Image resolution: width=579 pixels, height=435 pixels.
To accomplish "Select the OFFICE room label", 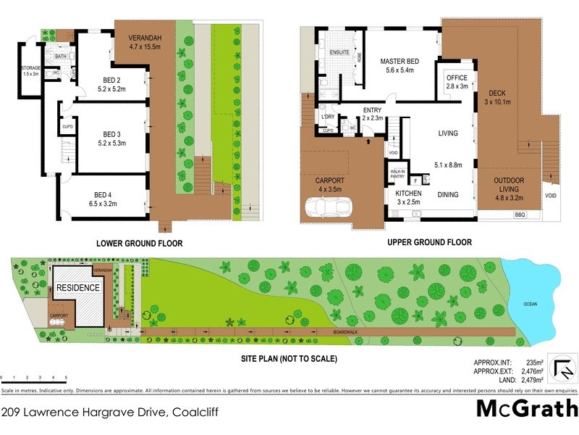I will coord(457,78).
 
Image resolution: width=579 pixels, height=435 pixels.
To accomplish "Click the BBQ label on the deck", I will coord(519,215).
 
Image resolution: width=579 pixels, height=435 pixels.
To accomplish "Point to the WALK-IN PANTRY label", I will coord(397,174).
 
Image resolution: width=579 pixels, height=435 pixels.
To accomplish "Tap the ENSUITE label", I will coord(339,53).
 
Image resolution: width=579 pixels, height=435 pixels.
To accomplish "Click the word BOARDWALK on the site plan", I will coord(346,333).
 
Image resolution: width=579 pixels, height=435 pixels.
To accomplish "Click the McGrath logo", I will coord(526,409).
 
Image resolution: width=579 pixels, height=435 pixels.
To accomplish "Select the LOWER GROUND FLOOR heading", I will coord(140,244).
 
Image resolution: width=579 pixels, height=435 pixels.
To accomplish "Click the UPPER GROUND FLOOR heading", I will coord(429,243).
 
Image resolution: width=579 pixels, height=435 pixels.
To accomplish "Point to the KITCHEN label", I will coord(408,194).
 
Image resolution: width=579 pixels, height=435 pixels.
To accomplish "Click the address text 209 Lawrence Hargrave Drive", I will coord(85,413).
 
